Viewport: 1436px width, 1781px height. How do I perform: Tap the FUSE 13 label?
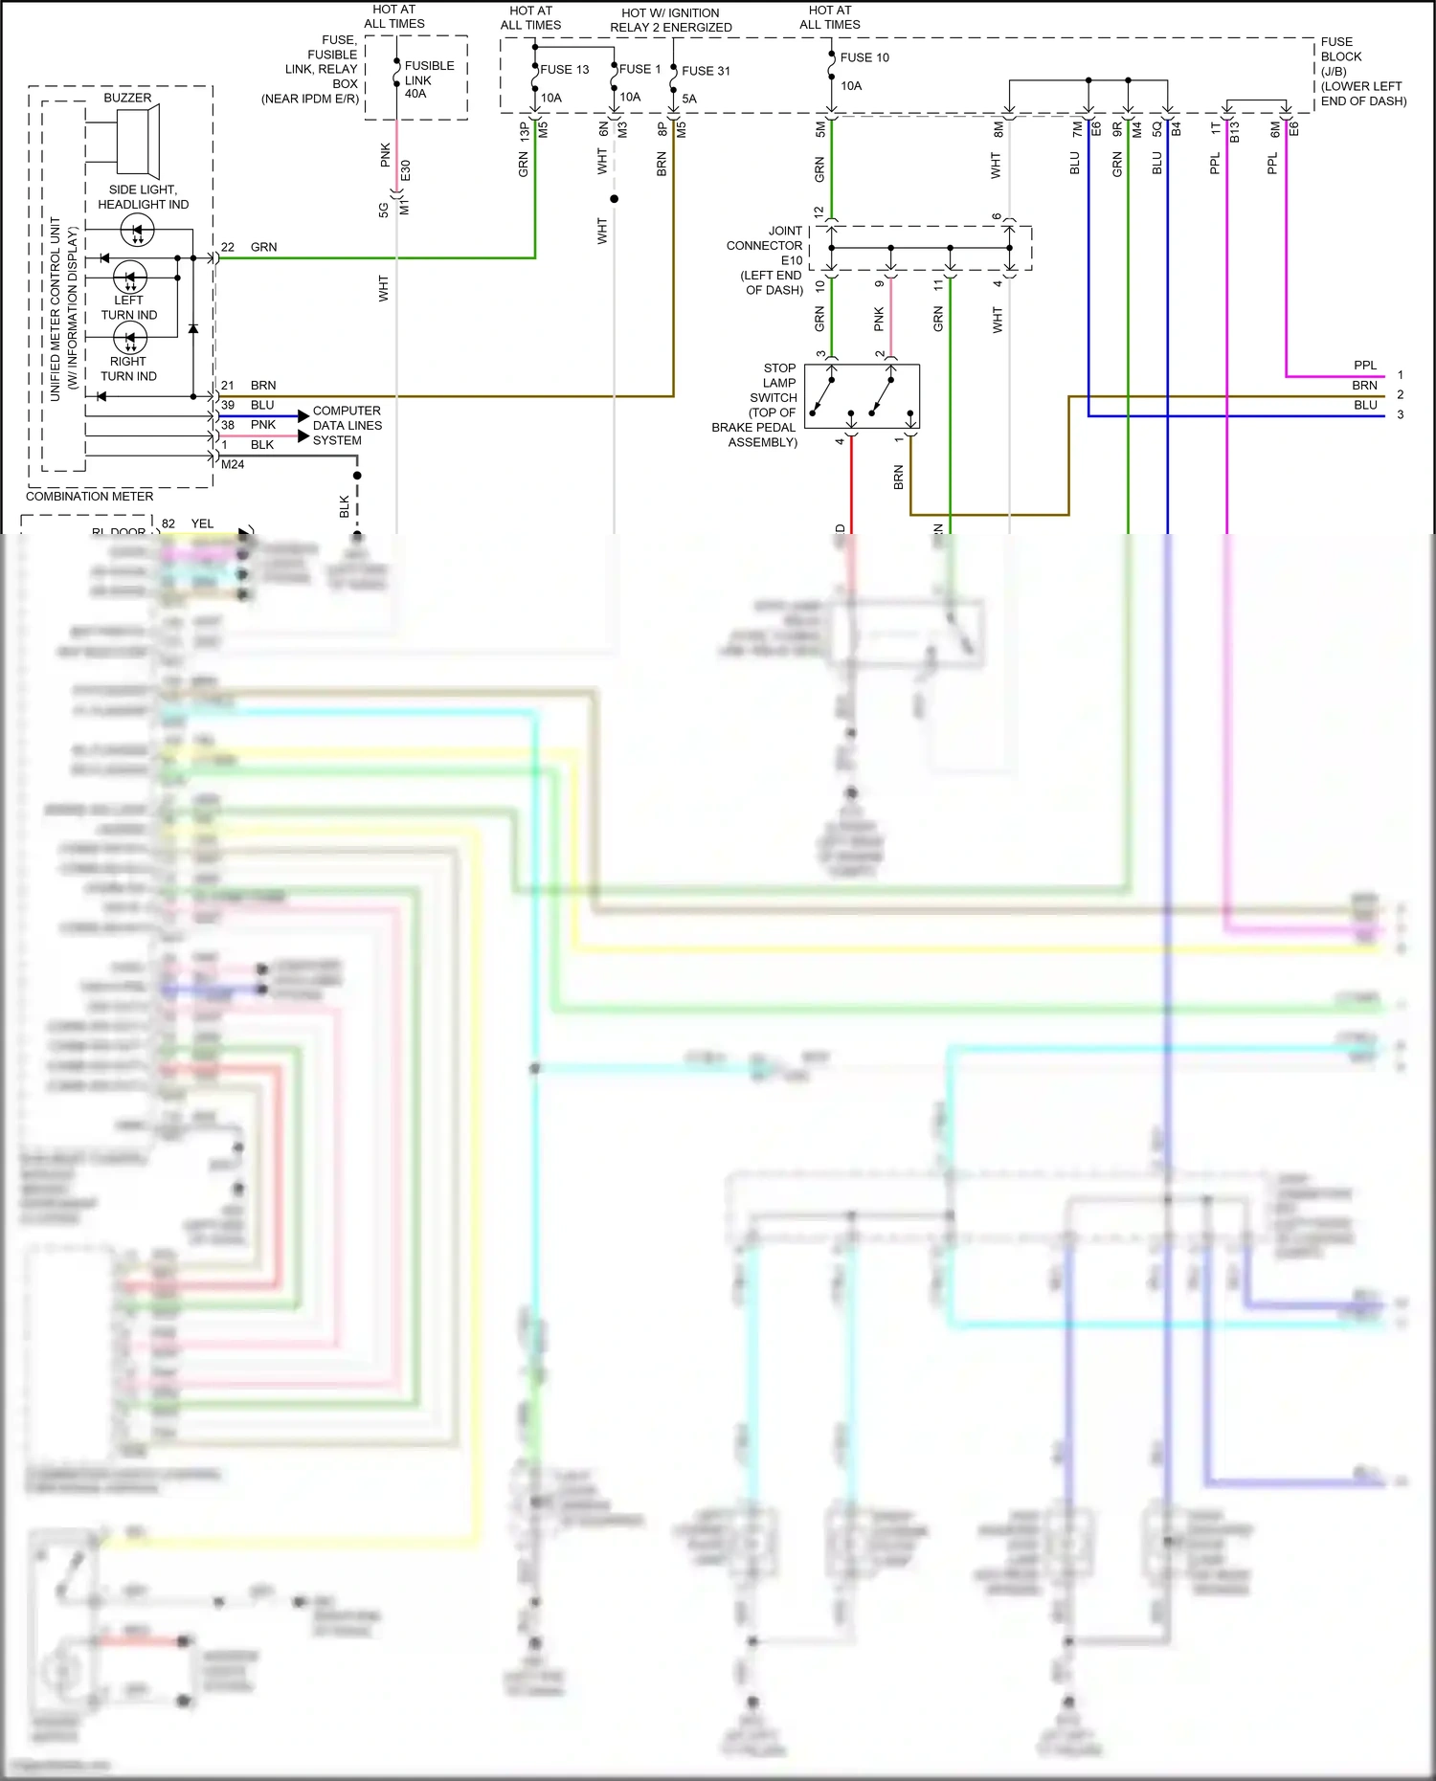coord(564,70)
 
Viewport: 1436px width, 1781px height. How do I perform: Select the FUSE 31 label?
coord(706,71)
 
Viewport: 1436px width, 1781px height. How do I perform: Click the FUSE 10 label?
coord(864,57)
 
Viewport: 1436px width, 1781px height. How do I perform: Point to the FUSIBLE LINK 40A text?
coord(428,79)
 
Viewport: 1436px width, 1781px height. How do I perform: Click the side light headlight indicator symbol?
coord(137,231)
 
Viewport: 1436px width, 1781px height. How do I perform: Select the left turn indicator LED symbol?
coord(129,278)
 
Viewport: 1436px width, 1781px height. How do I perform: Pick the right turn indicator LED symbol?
coord(129,338)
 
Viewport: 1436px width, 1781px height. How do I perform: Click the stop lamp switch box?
coord(862,396)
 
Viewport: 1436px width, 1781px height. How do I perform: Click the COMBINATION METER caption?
coord(89,496)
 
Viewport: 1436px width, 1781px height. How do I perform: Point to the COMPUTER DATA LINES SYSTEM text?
coord(347,425)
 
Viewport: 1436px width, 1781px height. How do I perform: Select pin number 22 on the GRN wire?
coord(228,247)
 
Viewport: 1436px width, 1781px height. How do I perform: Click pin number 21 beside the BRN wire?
coord(228,386)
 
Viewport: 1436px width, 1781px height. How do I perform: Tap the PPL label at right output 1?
coord(1364,366)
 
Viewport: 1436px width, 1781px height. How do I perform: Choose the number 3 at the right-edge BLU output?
coord(1400,414)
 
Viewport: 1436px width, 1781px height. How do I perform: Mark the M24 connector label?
coord(233,464)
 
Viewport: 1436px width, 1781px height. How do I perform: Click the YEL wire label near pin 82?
coord(202,523)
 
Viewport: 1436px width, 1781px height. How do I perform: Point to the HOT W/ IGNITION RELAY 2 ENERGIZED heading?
coord(670,20)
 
